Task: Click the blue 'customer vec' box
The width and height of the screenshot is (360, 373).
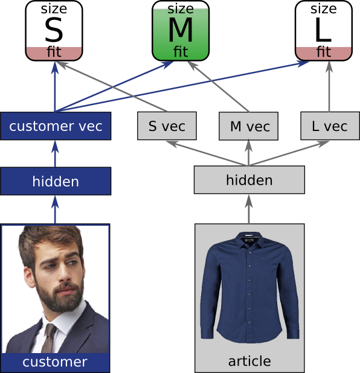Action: tap(56, 126)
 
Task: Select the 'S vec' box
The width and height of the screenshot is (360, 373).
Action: tap(167, 126)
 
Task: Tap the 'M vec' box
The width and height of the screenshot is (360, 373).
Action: tap(249, 126)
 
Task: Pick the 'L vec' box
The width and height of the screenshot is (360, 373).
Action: tap(330, 126)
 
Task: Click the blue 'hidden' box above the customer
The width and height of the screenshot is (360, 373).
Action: tap(56, 181)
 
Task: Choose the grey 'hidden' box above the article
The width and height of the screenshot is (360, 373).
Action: tap(249, 180)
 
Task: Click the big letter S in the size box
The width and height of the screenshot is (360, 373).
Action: tap(54, 30)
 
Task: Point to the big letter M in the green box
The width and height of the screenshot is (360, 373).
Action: tap(181, 30)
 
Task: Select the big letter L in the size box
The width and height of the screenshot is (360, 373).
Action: tap(323, 30)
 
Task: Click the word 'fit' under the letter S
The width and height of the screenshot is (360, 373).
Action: tap(54, 52)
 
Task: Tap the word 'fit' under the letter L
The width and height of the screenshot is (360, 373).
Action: tap(324, 52)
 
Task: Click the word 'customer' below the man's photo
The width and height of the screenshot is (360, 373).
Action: tap(55, 362)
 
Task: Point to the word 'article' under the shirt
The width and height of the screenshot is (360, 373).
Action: tap(249, 361)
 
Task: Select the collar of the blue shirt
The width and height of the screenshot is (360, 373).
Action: tap(250, 238)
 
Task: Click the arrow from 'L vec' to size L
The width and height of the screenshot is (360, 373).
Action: tap(329, 86)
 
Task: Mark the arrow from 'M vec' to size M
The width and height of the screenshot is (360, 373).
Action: tap(218, 86)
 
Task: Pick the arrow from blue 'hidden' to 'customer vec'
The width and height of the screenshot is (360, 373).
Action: tap(55, 154)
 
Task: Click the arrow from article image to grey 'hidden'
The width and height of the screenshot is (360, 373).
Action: tap(249, 209)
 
